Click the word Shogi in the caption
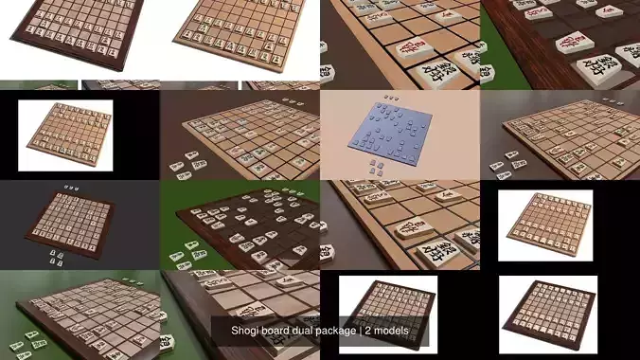(246, 331)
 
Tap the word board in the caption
(279, 331)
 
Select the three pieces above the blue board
(390, 98)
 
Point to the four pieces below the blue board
(378, 167)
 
